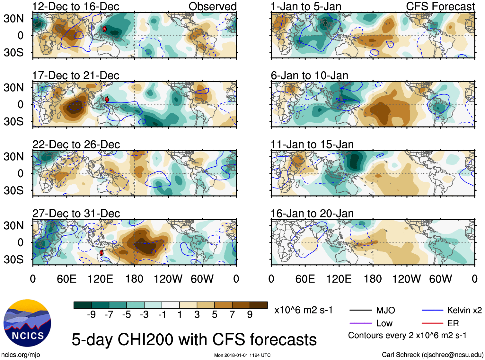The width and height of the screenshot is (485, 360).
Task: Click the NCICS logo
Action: click(27, 323)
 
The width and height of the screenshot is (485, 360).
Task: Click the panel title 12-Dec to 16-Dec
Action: click(75, 6)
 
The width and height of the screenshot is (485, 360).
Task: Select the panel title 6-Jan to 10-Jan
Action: click(309, 75)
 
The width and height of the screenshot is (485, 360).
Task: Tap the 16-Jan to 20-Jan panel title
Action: click(312, 214)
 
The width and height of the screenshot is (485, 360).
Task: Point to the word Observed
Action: click(212, 6)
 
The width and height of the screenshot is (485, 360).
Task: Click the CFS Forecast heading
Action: click(440, 6)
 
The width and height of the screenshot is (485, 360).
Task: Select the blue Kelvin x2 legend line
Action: click(432, 310)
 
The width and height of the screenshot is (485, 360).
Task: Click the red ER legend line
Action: click(432, 323)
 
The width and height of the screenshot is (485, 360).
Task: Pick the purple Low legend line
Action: click(360, 323)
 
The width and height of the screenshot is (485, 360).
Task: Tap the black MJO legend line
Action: click(360, 310)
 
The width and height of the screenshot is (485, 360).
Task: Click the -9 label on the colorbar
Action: click(91, 315)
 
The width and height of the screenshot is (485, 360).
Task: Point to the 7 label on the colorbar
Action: click(232, 315)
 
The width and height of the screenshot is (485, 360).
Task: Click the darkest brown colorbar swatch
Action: click(259, 305)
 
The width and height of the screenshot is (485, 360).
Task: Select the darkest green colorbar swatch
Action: click(83, 305)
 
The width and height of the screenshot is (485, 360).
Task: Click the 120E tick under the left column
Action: click(101, 279)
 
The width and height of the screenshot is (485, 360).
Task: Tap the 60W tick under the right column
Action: click(440, 279)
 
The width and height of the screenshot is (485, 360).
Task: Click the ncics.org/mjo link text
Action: click(21, 355)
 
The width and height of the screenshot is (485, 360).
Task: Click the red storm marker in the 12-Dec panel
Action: click(104, 29)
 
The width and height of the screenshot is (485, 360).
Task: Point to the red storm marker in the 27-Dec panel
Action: click(101, 253)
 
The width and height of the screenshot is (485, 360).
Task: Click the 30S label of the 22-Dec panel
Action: click(13, 190)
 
